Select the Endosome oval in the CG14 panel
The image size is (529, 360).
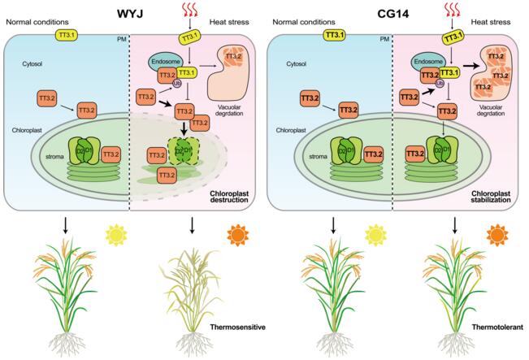pyautogui.click(x=424, y=63)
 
